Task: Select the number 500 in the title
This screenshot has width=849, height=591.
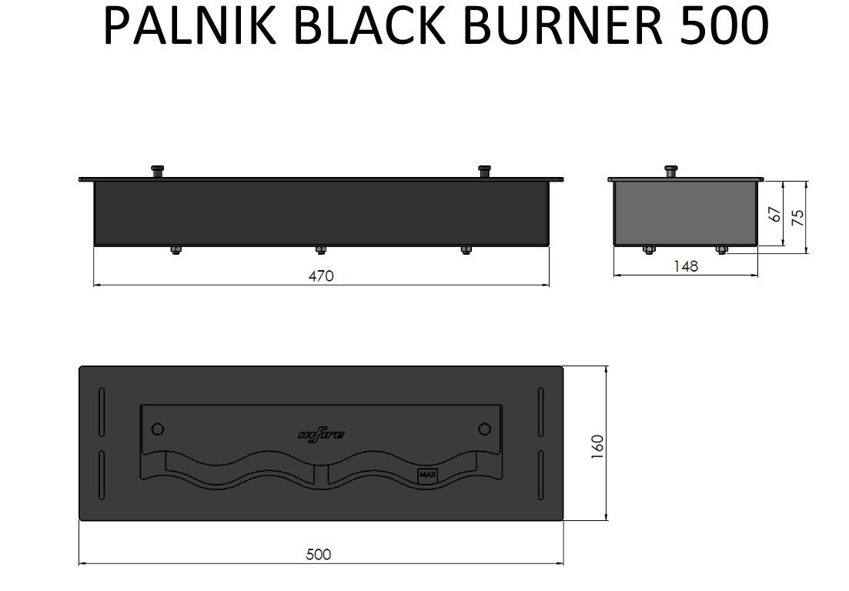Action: tap(723, 25)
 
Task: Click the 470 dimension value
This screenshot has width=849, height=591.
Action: tap(321, 275)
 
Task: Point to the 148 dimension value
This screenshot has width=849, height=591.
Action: tap(685, 266)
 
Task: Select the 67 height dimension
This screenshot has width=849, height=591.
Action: tap(776, 214)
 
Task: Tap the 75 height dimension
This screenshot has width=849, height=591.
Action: tap(799, 217)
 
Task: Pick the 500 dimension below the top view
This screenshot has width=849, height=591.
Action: tap(318, 554)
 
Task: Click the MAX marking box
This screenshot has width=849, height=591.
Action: tap(427, 476)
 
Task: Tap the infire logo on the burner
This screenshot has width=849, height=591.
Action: tap(321, 436)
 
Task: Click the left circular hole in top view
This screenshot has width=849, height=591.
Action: tap(158, 429)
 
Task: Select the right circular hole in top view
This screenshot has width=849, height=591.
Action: tap(484, 429)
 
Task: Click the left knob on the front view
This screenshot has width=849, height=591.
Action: tap(158, 171)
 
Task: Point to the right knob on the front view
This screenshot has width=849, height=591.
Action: tap(484, 171)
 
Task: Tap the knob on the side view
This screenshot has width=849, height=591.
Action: tap(671, 171)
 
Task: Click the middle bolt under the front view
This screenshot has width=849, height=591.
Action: tap(321, 249)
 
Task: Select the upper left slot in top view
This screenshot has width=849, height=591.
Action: tap(102, 412)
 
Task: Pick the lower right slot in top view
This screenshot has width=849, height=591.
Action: tap(541, 476)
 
